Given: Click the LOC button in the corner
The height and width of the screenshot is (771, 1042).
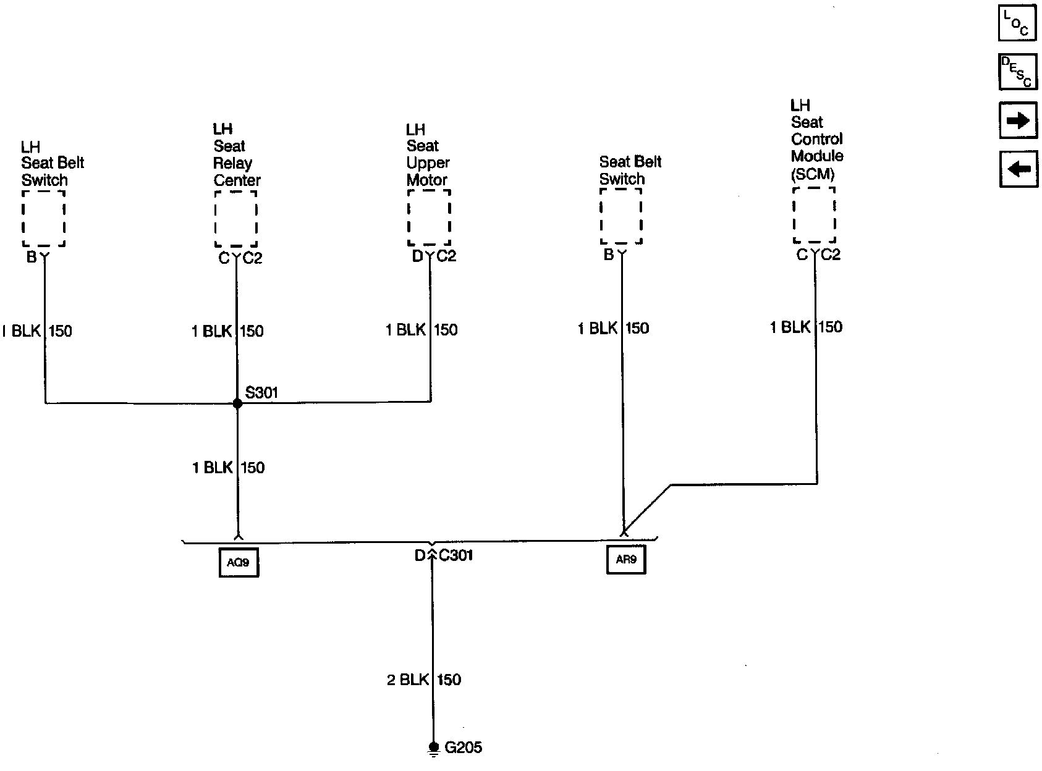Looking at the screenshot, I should tap(1017, 23).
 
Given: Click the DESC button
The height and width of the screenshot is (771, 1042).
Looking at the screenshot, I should tap(1017, 72).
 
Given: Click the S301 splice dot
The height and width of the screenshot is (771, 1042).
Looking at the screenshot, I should tap(237, 403).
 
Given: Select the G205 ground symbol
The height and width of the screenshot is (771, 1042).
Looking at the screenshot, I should tap(433, 749).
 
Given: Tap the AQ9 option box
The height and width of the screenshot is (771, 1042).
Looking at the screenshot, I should tap(239, 563).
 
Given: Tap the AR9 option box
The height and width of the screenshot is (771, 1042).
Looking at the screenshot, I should tap(626, 560).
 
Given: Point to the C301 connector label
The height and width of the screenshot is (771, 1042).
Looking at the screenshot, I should tap(456, 555).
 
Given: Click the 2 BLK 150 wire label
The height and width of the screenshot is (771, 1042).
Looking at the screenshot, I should tap(424, 680).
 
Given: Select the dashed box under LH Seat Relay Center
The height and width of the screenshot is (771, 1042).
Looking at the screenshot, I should tap(235, 218).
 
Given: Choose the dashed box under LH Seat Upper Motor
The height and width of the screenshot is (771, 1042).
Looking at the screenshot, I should tap(429, 217).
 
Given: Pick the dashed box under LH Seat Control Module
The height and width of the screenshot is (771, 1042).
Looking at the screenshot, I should tap(814, 215).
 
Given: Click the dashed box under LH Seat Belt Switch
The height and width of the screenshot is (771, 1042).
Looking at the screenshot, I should tap(43, 218).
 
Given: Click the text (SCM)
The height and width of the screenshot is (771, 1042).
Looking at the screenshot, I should tap(813, 174).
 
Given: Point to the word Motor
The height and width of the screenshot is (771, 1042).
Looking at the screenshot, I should tap(427, 180).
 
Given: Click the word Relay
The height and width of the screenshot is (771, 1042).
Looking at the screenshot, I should tap(232, 163).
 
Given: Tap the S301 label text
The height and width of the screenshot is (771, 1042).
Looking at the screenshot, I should tap(262, 392).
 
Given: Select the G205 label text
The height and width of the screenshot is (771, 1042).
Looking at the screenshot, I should tap(464, 748).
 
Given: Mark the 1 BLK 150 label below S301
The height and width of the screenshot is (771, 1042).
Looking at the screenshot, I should tap(228, 468).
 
